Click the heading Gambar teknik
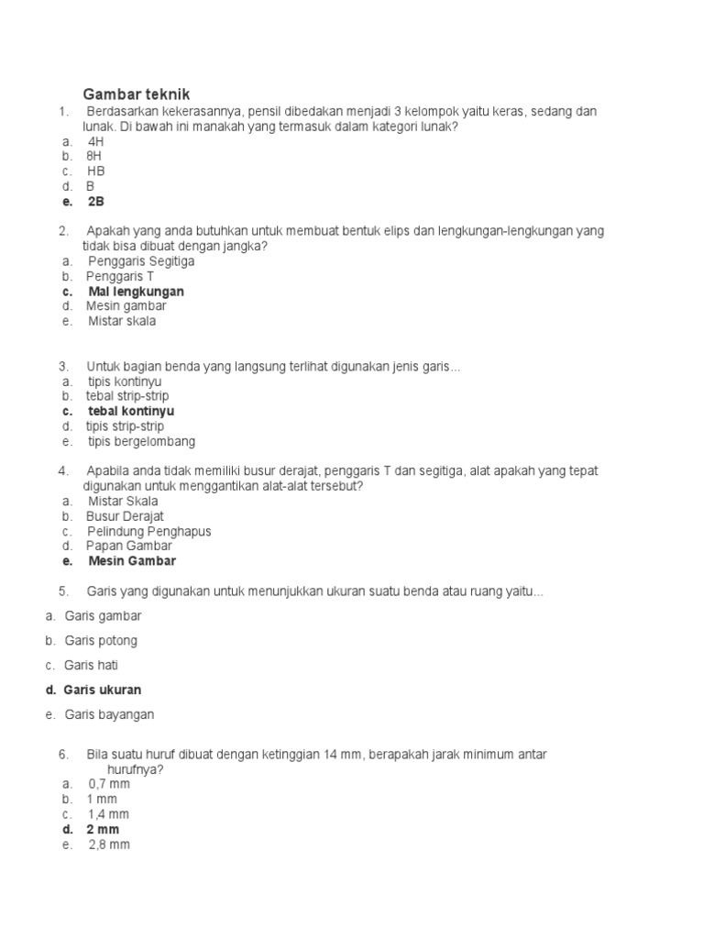[x=136, y=94]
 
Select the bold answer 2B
[x=96, y=201]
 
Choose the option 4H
[x=96, y=141]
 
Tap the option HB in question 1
[x=96, y=171]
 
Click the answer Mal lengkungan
[x=135, y=292]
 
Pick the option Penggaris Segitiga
[x=141, y=261]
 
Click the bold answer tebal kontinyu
[x=131, y=412]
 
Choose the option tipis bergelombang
[x=141, y=441]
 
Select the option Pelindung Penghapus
[x=148, y=531]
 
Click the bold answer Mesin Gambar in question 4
[x=132, y=561]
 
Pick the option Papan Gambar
[x=129, y=546]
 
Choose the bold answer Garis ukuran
[x=103, y=690]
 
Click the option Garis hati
[x=92, y=665]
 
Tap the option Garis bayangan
[x=110, y=713]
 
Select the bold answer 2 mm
[x=103, y=829]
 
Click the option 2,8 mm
[x=109, y=845]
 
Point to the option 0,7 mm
[x=109, y=784]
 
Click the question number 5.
[x=63, y=591]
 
